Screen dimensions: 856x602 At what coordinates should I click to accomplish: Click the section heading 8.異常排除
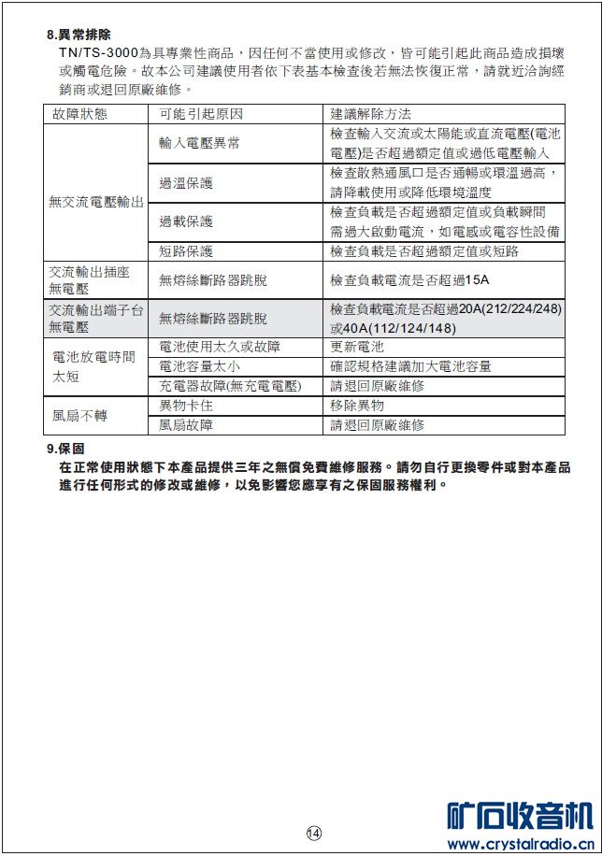tap(79, 35)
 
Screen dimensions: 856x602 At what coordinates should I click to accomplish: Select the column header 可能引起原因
tap(201, 114)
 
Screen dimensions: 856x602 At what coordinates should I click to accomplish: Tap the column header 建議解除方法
tap(371, 114)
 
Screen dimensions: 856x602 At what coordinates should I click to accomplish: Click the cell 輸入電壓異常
tap(199, 143)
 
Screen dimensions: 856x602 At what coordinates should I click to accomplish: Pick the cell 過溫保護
tap(186, 182)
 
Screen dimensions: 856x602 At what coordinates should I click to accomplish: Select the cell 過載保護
tap(186, 221)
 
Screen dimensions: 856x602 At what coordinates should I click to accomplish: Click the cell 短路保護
tap(186, 251)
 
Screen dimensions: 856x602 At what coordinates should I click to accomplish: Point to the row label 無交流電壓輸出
tap(96, 202)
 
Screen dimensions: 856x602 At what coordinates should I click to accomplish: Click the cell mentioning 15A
tap(409, 280)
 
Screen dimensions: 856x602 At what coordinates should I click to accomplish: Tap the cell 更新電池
tap(357, 347)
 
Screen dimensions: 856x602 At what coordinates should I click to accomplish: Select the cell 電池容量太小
tap(199, 366)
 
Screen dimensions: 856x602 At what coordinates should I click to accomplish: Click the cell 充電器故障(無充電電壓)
tap(230, 386)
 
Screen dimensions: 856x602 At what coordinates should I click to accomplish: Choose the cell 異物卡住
tap(186, 406)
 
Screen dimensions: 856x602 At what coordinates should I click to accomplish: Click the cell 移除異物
tap(357, 406)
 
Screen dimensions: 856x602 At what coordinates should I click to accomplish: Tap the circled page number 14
tap(313, 833)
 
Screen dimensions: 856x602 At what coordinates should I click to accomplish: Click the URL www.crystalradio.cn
tap(519, 845)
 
